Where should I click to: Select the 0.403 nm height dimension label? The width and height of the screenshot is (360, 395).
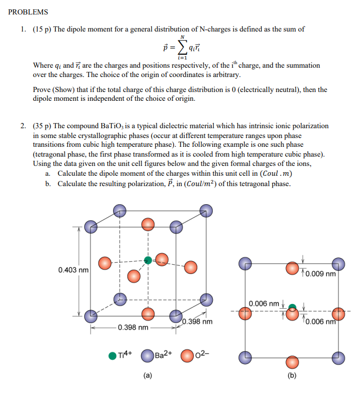tap(73, 270)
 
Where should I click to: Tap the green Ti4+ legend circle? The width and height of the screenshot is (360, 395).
tap(113, 356)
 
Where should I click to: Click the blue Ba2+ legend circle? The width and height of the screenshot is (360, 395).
tap(147, 356)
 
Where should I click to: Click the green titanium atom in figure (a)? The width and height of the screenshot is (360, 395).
tap(148, 260)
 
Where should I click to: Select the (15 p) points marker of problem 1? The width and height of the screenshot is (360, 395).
tap(41, 29)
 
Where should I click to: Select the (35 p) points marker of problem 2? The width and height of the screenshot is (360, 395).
tap(41, 126)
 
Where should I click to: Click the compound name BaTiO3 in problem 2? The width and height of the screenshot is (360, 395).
tap(114, 126)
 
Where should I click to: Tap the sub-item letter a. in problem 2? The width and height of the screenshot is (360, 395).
tap(48, 174)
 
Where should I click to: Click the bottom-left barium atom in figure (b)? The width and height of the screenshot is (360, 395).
tap(245, 356)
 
